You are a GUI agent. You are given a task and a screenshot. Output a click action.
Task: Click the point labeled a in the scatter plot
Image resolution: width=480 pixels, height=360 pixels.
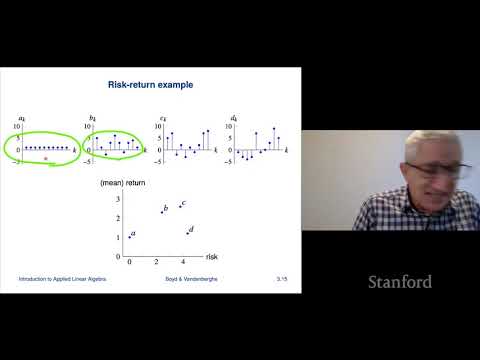129,237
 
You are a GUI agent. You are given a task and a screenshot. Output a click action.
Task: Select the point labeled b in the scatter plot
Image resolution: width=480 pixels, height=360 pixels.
162,212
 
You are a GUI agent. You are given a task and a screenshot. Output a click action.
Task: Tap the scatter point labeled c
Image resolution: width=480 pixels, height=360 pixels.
180,206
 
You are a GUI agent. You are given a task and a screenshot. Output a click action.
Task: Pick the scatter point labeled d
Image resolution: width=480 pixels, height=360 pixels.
187,232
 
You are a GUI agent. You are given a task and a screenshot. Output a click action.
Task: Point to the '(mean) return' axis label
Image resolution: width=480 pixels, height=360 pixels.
117,183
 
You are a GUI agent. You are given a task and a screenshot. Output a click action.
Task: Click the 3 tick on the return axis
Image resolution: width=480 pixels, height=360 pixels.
118,201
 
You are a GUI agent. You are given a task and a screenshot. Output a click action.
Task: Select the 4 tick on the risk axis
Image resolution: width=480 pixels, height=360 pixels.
184,259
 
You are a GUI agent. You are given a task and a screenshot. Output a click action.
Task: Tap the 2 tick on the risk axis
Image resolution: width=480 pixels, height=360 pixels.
157,259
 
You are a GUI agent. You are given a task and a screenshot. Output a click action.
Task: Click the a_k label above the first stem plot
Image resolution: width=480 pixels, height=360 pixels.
9,117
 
